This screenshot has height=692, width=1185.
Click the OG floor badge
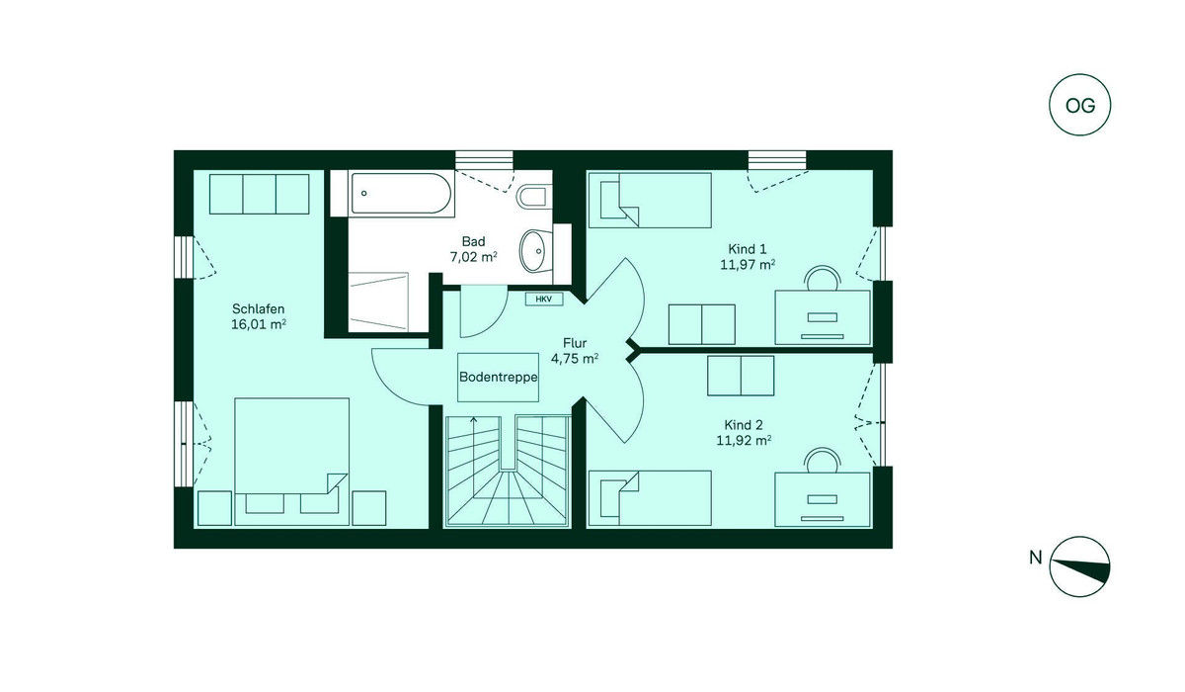coord(1079,105)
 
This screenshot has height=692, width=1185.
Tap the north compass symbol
coord(1079,566)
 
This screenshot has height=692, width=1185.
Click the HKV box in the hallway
coord(543,300)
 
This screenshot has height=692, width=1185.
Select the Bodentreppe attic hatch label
coord(498,377)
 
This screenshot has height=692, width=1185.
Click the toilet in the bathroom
coord(532,197)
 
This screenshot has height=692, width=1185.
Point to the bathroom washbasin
coord(535,251)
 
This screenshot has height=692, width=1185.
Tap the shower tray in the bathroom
coord(377,303)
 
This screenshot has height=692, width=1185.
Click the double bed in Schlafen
coord(291,461)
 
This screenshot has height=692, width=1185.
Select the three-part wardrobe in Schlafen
coord(259,194)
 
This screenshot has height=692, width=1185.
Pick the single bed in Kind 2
coord(650,499)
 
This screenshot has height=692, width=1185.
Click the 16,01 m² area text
coord(259,324)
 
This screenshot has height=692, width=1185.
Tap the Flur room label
coord(575,343)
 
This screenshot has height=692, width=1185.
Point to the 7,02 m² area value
coord(473,257)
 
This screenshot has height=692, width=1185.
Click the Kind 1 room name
coord(747,249)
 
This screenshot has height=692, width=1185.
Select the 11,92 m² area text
coord(744,440)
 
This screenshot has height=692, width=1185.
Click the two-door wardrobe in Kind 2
coord(741,376)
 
